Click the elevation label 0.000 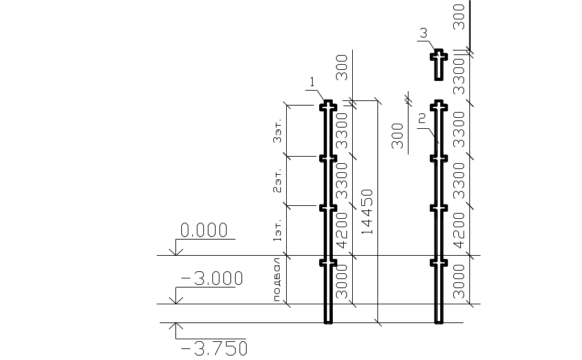coord(204,230)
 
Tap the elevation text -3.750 coord(214,349)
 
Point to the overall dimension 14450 coord(367,211)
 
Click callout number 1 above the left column coord(312,82)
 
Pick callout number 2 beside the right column coord(422,118)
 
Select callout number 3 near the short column coord(423,32)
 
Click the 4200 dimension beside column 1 coord(342,232)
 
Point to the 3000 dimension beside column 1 coord(342,280)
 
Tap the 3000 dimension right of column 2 coord(459,280)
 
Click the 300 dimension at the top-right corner coord(459,16)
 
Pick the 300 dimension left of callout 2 coord(397,135)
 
